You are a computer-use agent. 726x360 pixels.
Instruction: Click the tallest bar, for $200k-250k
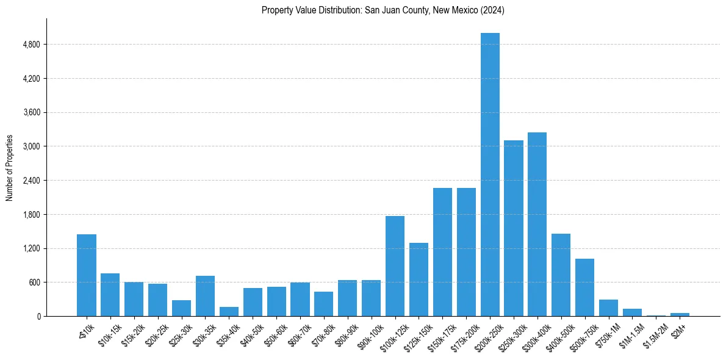[490, 175]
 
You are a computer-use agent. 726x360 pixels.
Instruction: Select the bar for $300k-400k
[537, 224]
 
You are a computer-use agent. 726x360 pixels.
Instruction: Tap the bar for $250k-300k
[514, 228]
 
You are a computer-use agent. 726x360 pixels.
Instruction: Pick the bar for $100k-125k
[395, 266]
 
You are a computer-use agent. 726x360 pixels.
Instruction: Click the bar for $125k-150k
[419, 279]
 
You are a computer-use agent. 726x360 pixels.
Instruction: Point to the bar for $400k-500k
[561, 275]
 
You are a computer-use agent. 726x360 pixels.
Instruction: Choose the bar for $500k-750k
[584, 287]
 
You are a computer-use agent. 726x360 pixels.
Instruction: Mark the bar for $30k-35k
[205, 296]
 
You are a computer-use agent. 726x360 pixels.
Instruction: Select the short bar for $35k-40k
[229, 311]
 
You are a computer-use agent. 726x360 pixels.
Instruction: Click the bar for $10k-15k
[110, 295]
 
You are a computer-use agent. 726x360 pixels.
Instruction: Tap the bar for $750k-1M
[608, 308]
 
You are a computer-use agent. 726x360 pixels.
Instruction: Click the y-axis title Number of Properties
[10, 167]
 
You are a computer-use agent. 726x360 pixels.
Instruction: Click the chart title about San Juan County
[383, 10]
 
